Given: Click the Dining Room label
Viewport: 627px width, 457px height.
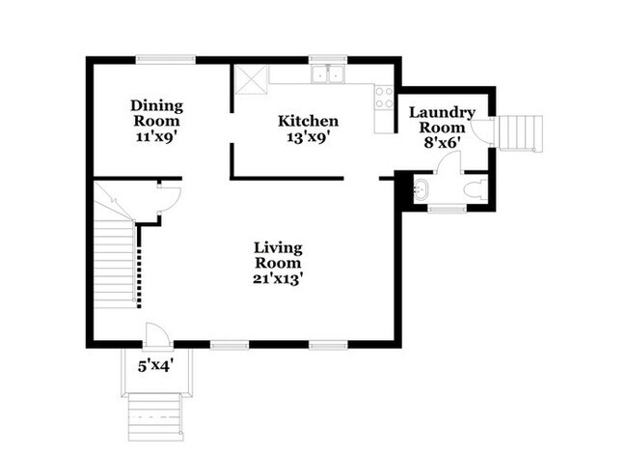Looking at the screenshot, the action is point(156,113).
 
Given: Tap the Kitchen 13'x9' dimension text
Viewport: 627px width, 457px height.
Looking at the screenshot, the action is point(308,137).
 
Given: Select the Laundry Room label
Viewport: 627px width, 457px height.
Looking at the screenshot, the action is point(442,120).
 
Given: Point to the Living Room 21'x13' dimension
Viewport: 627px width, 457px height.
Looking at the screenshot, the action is point(278,279).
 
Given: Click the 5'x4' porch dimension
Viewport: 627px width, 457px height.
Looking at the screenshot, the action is point(156,365).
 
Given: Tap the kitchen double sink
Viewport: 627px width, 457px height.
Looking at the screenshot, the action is point(328,74).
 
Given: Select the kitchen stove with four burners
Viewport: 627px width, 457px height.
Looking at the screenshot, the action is point(384,98).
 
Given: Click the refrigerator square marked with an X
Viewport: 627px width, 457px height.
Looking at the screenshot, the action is point(251,79).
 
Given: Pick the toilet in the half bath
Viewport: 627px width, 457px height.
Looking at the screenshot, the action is point(476,188).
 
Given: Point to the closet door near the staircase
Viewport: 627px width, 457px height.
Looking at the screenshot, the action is point(170,198).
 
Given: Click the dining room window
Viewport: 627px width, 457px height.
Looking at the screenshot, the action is point(166,59).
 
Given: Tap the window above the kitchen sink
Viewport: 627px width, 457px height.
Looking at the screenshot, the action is point(328,59).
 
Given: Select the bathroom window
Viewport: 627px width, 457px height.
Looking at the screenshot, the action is point(447,209).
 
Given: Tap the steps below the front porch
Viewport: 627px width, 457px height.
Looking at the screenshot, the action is point(155,416).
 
